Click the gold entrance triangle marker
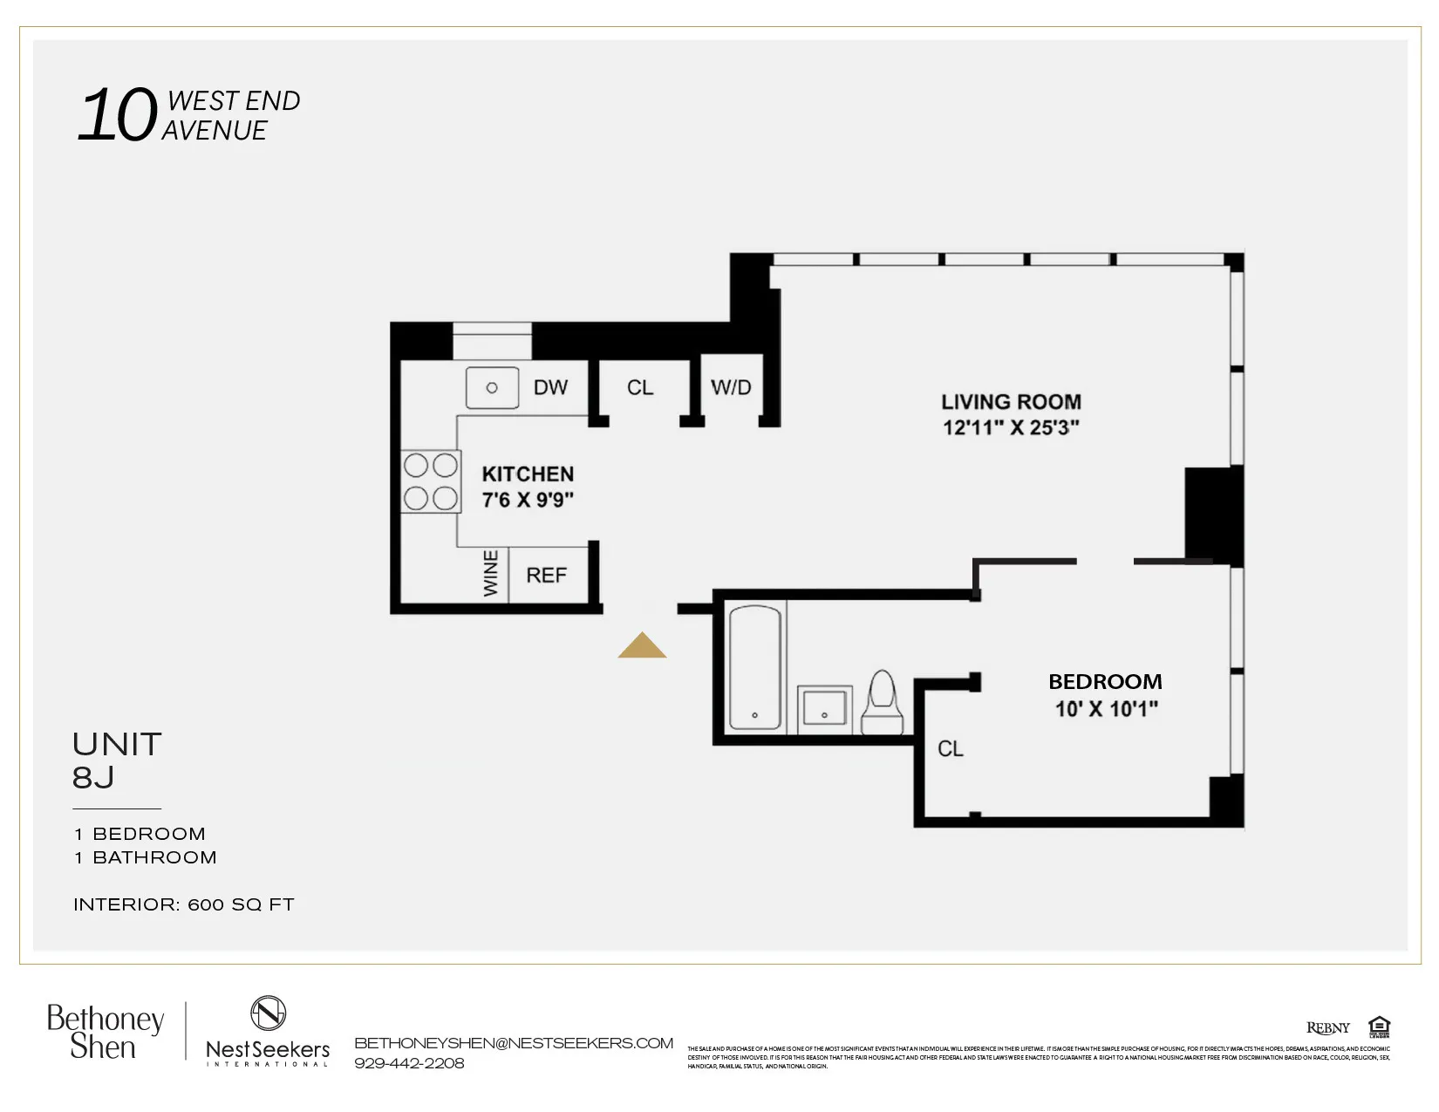[642, 646]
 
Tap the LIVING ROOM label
[1011, 402]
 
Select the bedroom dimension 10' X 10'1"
[1106, 709]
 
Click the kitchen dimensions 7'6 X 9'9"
[528, 500]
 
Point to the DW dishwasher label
[550, 387]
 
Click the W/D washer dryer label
[731, 387]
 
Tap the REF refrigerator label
[546, 576]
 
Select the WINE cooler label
[491, 573]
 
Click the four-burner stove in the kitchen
[430, 481]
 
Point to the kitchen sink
[492, 387]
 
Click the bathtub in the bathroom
[754, 667]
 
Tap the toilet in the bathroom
[883, 703]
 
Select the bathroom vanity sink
[824, 706]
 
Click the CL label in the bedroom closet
[950, 749]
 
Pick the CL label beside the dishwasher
[640, 387]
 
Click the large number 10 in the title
[118, 116]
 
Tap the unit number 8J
[93, 777]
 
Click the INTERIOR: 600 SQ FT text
[184, 904]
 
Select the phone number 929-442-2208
[409, 1063]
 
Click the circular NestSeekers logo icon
[268, 1013]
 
